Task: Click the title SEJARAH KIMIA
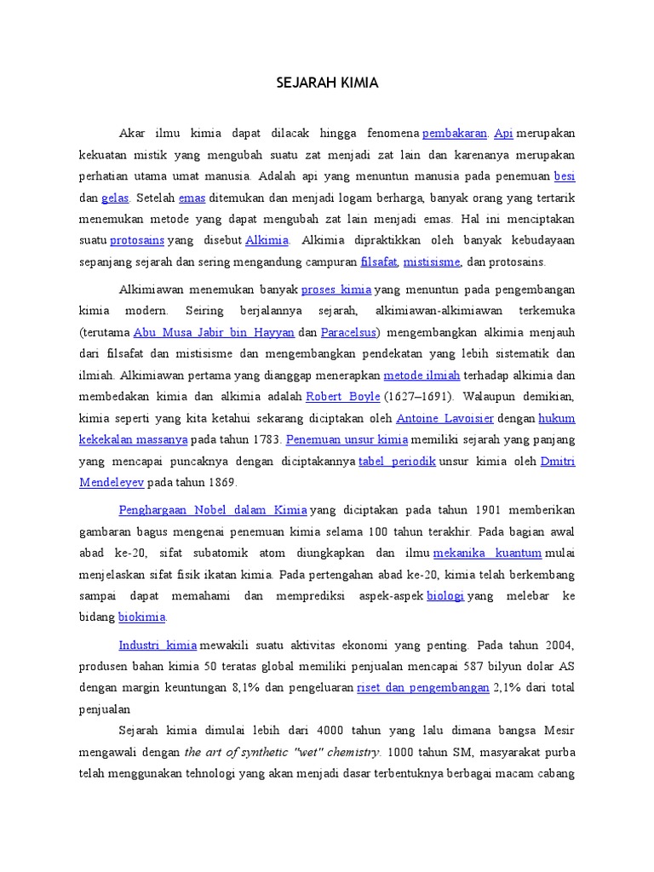pyautogui.click(x=327, y=83)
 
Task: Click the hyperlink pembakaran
pyautogui.click(x=455, y=134)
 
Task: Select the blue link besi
pyautogui.click(x=565, y=176)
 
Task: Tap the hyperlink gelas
pyautogui.click(x=115, y=198)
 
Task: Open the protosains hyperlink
pyautogui.click(x=137, y=240)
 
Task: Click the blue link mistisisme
pyautogui.click(x=432, y=261)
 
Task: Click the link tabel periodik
pyautogui.click(x=397, y=461)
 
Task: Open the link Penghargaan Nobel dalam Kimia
pyautogui.click(x=213, y=510)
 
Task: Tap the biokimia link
pyautogui.click(x=142, y=617)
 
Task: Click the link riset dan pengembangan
pyautogui.click(x=423, y=687)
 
